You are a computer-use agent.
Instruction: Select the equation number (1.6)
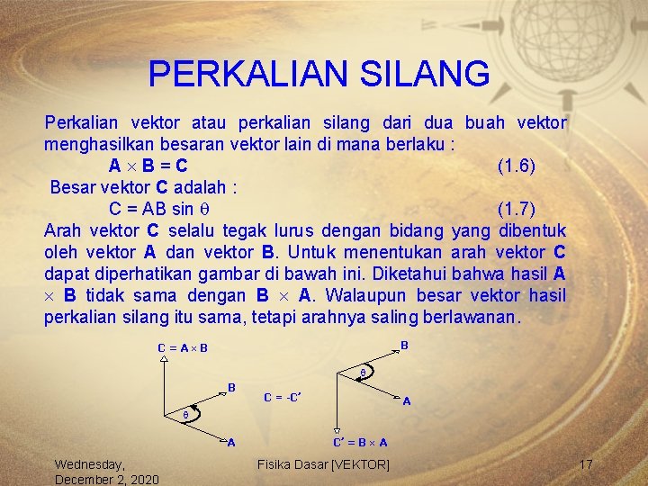[x=517, y=166]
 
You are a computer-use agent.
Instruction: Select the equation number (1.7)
[x=517, y=209]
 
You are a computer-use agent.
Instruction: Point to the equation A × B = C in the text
[x=148, y=166]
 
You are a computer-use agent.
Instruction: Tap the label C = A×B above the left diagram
[x=183, y=348]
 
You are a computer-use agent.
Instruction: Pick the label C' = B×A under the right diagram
[x=360, y=442]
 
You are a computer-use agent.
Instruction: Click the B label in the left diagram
[x=231, y=388]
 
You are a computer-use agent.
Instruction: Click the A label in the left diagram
[x=231, y=442]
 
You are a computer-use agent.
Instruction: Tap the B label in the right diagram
[x=405, y=345]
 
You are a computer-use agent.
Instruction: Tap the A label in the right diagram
[x=407, y=401]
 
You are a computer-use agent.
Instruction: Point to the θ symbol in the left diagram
[x=185, y=416]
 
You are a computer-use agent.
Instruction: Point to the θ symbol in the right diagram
[x=363, y=372]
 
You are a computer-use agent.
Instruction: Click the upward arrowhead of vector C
[x=163, y=359]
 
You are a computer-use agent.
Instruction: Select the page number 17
[x=586, y=464]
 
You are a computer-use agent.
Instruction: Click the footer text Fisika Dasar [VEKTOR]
[x=323, y=464]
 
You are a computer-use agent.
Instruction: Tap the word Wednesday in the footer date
[x=90, y=464]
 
